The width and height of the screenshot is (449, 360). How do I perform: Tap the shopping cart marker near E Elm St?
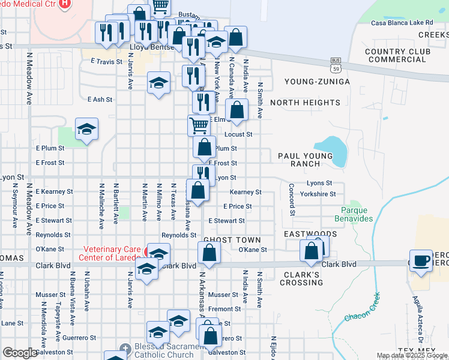pyautogui.click(x=199, y=126)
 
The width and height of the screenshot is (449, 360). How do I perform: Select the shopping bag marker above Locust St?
pyautogui.click(x=238, y=110)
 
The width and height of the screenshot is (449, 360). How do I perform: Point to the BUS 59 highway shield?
pyautogui.click(x=336, y=62)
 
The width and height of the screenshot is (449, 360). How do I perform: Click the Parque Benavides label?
pyautogui.click(x=358, y=214)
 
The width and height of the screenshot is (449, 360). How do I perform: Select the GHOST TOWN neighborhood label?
pyautogui.click(x=232, y=239)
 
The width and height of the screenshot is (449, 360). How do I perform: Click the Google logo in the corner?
pyautogui.click(x=20, y=353)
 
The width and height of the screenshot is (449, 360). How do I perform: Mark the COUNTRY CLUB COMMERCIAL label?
pyautogui.click(x=397, y=55)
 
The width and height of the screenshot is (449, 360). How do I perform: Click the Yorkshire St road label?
pyautogui.click(x=319, y=194)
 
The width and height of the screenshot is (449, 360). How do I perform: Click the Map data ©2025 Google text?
pyautogui.click(x=412, y=355)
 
